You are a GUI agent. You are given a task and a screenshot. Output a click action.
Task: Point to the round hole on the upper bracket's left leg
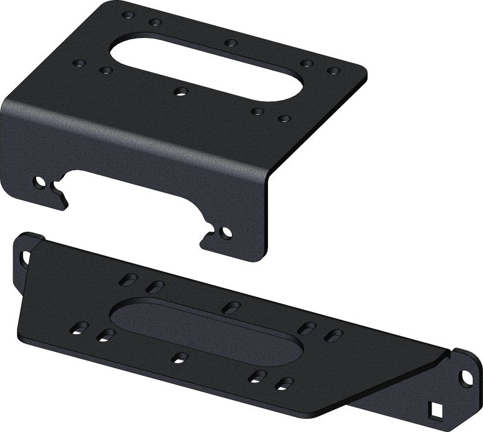pyautogui.click(x=39, y=180)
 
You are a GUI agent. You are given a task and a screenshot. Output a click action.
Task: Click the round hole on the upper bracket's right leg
pyautogui.click(x=225, y=231)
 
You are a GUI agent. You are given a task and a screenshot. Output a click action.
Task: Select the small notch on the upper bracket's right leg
pyautogui.click(x=210, y=229)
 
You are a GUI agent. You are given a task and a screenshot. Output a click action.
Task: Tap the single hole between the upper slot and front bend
pyautogui.click(x=179, y=92)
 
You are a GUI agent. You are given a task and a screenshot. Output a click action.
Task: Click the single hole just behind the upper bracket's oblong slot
pyautogui.click(x=230, y=43)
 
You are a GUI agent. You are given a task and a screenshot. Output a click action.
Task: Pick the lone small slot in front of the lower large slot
pyautogui.click(x=177, y=358)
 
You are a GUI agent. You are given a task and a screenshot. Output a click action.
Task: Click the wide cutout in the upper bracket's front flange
pyautogui.click(x=133, y=187)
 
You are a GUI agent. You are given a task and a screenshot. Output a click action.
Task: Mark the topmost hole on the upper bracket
pyautogui.click(x=127, y=13)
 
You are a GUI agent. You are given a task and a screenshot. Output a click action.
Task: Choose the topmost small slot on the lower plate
pyautogui.click(x=129, y=280)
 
